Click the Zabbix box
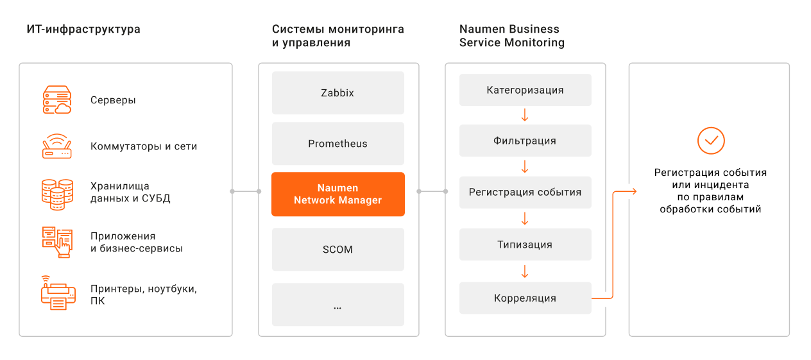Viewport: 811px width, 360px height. point(337,92)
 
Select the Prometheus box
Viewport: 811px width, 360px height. point(337,143)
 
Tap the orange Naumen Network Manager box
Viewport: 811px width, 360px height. point(337,194)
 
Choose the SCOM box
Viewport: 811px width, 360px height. point(337,249)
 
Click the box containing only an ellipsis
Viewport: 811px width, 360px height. point(337,304)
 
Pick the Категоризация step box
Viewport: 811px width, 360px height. point(525,90)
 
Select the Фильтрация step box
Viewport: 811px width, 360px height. point(525,141)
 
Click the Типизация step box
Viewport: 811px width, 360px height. point(525,244)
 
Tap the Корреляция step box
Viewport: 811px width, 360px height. point(525,298)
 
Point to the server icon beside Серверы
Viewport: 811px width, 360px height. point(57,99)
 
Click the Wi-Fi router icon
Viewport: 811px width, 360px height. point(57,146)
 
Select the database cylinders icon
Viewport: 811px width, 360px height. point(57,194)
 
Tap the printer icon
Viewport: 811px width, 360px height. point(58,293)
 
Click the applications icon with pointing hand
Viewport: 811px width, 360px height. point(57,243)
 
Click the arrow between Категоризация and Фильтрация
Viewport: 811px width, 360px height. point(525,115)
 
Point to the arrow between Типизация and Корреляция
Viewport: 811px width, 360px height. point(525,271)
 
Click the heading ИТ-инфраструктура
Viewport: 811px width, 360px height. point(83,29)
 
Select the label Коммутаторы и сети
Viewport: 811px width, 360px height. point(144,146)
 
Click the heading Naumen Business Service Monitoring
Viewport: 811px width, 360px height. point(512,35)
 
